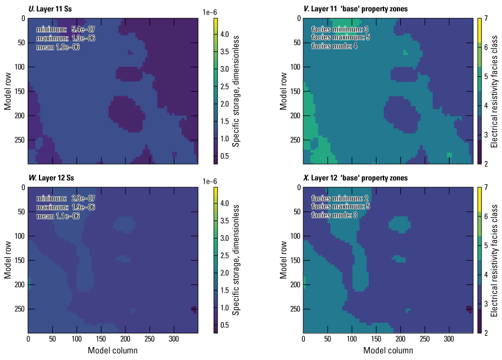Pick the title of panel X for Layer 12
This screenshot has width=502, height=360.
[x=347, y=179]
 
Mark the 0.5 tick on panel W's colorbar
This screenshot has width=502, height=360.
[x=224, y=325]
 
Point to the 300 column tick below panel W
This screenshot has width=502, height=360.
[x=174, y=340]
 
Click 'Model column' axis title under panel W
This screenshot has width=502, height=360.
[x=112, y=350]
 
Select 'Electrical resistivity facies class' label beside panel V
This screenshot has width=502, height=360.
[x=494, y=91]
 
